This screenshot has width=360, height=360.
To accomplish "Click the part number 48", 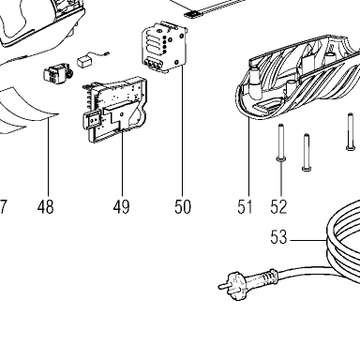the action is pos(46,207).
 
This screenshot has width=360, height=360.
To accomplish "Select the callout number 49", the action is pos(121,207).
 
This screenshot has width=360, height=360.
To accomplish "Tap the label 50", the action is pos(183,207).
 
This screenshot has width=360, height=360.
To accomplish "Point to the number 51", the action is pos(245,207).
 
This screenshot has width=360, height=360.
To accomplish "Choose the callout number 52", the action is pos(278,207).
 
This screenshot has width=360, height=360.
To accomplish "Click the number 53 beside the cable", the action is pos(278,237).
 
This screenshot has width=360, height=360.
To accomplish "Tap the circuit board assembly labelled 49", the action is pos(115,110).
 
